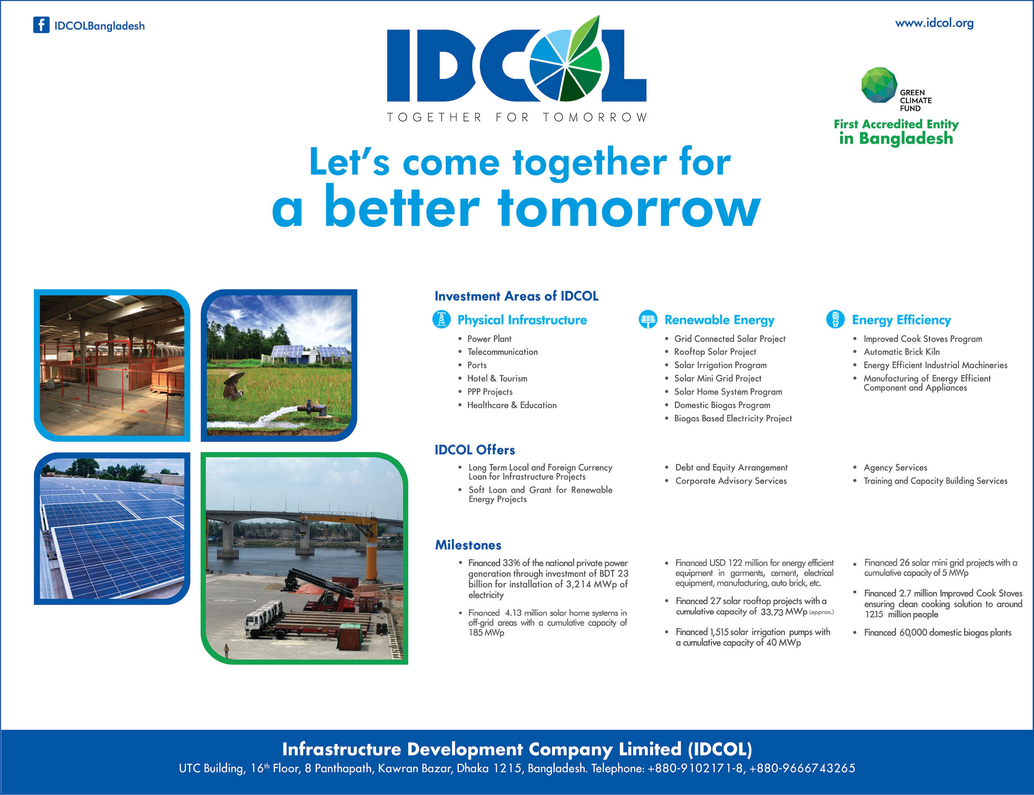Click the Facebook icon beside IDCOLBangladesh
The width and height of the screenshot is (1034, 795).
[41, 25]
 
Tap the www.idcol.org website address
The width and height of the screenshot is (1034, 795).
[934, 23]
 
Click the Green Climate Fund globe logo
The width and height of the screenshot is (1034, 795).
[879, 85]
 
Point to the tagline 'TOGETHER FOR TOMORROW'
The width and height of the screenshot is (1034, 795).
[517, 117]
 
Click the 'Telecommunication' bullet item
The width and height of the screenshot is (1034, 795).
[502, 352]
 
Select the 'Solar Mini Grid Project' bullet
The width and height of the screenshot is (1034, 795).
[718, 378]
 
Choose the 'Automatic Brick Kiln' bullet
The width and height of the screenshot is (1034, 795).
[902, 352]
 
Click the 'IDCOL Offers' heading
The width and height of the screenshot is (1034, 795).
[475, 450]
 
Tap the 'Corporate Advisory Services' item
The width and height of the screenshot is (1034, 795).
[731, 481]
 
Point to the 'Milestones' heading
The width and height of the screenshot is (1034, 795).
[468, 545]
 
